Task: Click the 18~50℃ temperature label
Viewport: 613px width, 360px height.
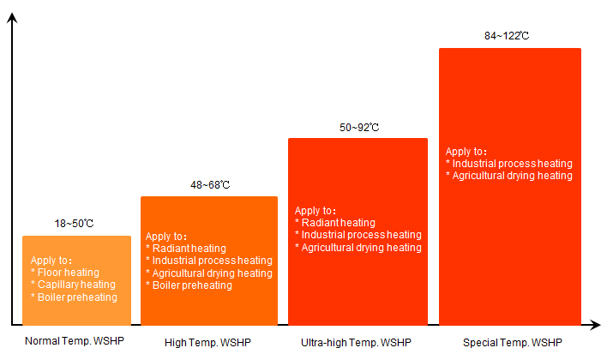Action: pyautogui.click(x=75, y=224)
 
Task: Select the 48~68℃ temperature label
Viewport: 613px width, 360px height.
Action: pyautogui.click(x=210, y=185)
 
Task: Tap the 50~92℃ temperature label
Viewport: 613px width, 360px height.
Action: pyautogui.click(x=359, y=128)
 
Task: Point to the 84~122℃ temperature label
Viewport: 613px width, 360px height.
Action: pyautogui.click(x=508, y=36)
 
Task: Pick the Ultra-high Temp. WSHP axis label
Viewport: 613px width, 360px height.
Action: pyautogui.click(x=356, y=342)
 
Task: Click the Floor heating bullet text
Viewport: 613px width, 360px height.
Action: pyautogui.click(x=68, y=273)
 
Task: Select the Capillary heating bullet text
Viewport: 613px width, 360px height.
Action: pyautogui.click(x=75, y=285)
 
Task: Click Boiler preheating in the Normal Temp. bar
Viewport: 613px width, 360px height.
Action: pyautogui.click(x=76, y=297)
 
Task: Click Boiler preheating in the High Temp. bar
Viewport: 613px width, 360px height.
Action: pyautogui.click(x=191, y=285)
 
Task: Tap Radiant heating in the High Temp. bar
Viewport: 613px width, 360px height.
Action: pyautogui.click(x=189, y=249)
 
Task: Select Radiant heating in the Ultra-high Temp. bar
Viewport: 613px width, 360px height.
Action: pyautogui.click(x=337, y=223)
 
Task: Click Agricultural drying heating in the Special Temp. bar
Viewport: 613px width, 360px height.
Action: pyautogui.click(x=512, y=176)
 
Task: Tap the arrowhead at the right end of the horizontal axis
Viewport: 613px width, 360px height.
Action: pyautogui.click(x=595, y=326)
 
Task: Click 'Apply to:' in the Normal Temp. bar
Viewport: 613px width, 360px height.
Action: pyautogui.click(x=52, y=261)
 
